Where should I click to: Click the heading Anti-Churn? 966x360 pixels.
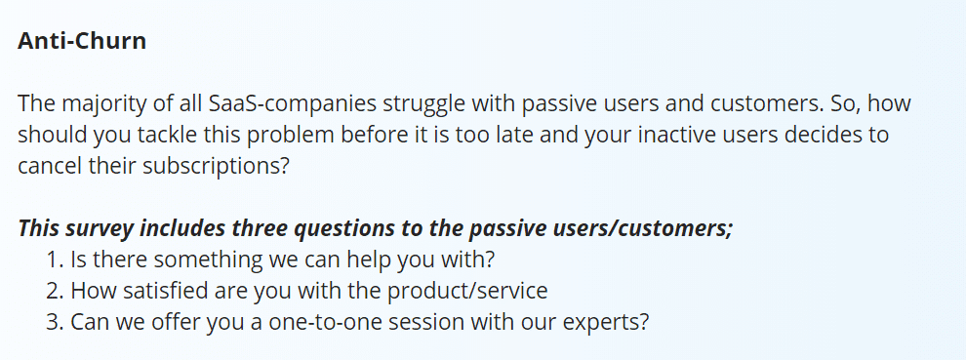click(82, 41)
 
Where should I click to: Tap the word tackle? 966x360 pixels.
click(168, 135)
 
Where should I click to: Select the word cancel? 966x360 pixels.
click(50, 166)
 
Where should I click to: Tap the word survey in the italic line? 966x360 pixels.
click(100, 228)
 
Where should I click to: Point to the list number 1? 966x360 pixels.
click(55, 260)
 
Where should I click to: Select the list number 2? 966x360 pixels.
click(55, 291)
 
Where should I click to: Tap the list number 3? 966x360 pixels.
click(55, 322)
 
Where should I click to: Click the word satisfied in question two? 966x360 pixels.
click(166, 291)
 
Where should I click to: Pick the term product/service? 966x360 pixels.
click(467, 291)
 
